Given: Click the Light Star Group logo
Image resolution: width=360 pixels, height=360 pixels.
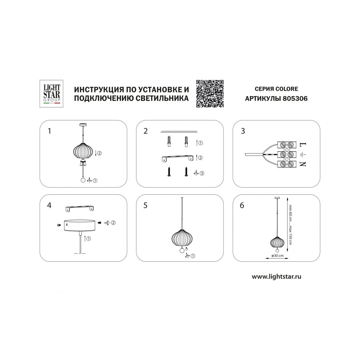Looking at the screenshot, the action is coord(51,94).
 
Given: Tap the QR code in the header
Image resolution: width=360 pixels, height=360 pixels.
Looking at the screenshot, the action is coord(210,94).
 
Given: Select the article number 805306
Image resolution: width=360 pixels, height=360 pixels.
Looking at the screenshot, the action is coord(295,99).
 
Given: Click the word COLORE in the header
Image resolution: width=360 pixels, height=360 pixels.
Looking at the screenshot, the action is coord(287,89).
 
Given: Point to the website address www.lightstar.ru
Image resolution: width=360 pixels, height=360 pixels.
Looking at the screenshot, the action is coord(276,276).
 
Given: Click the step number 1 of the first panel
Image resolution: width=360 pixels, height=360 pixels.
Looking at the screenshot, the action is coord(49,131).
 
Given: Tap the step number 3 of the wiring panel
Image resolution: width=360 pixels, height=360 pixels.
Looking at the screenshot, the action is coord(243,131).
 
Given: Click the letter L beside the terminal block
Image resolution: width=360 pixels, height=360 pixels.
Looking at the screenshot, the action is coord(303,145).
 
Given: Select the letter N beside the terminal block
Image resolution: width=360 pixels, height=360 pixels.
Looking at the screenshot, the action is coord(303,164).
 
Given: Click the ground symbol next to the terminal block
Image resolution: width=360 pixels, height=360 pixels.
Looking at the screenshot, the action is coord(303,154).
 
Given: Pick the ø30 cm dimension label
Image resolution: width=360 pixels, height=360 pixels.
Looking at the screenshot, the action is coord(277,256).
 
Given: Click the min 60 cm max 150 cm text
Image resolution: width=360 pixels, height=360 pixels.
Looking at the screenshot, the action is coord(290,224).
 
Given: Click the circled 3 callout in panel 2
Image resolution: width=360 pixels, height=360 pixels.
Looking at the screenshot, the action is coord(202,174).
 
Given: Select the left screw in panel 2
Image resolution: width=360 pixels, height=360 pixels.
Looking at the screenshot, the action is coord(169,171).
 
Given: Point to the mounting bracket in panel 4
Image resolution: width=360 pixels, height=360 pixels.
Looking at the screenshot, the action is coord(80,208).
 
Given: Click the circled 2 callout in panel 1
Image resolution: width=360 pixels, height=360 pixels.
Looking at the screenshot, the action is coord(99,153).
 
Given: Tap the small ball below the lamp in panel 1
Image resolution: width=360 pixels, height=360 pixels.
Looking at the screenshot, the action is coord(83,180).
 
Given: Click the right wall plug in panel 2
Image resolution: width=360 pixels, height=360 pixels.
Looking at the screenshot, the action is coord(186,142).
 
